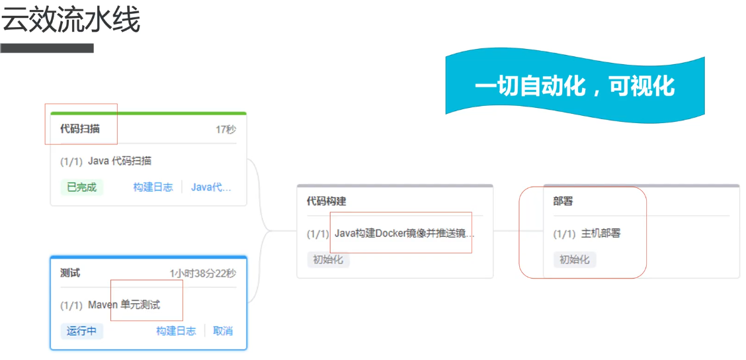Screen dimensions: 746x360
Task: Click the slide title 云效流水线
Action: tap(71, 21)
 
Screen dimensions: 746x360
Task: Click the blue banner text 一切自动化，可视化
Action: tap(574, 86)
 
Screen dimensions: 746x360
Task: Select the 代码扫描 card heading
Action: tap(80, 129)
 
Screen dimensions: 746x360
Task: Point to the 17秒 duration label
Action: tap(226, 130)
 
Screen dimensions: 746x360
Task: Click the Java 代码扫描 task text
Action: tap(120, 161)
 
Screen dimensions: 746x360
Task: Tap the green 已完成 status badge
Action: tap(82, 187)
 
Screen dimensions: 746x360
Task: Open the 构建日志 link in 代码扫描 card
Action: tap(153, 187)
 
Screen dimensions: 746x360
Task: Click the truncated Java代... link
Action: tap(211, 187)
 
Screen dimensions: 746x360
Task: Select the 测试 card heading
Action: tap(70, 273)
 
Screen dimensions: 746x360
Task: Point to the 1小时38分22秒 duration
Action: tap(202, 273)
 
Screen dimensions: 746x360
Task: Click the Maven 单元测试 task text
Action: tap(124, 305)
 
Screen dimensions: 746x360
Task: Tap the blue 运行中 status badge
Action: tap(82, 331)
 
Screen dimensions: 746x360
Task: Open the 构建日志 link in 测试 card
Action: tap(176, 331)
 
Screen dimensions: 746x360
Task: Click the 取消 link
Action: tap(223, 331)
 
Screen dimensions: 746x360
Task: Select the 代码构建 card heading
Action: tap(326, 201)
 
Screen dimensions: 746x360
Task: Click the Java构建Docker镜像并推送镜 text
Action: tap(404, 234)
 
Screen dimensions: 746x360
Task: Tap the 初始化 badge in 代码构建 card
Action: tap(328, 259)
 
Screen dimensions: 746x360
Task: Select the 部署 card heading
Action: tap(563, 201)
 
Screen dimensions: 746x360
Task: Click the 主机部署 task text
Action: tap(601, 234)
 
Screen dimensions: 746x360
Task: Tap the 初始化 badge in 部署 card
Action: tap(575, 259)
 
